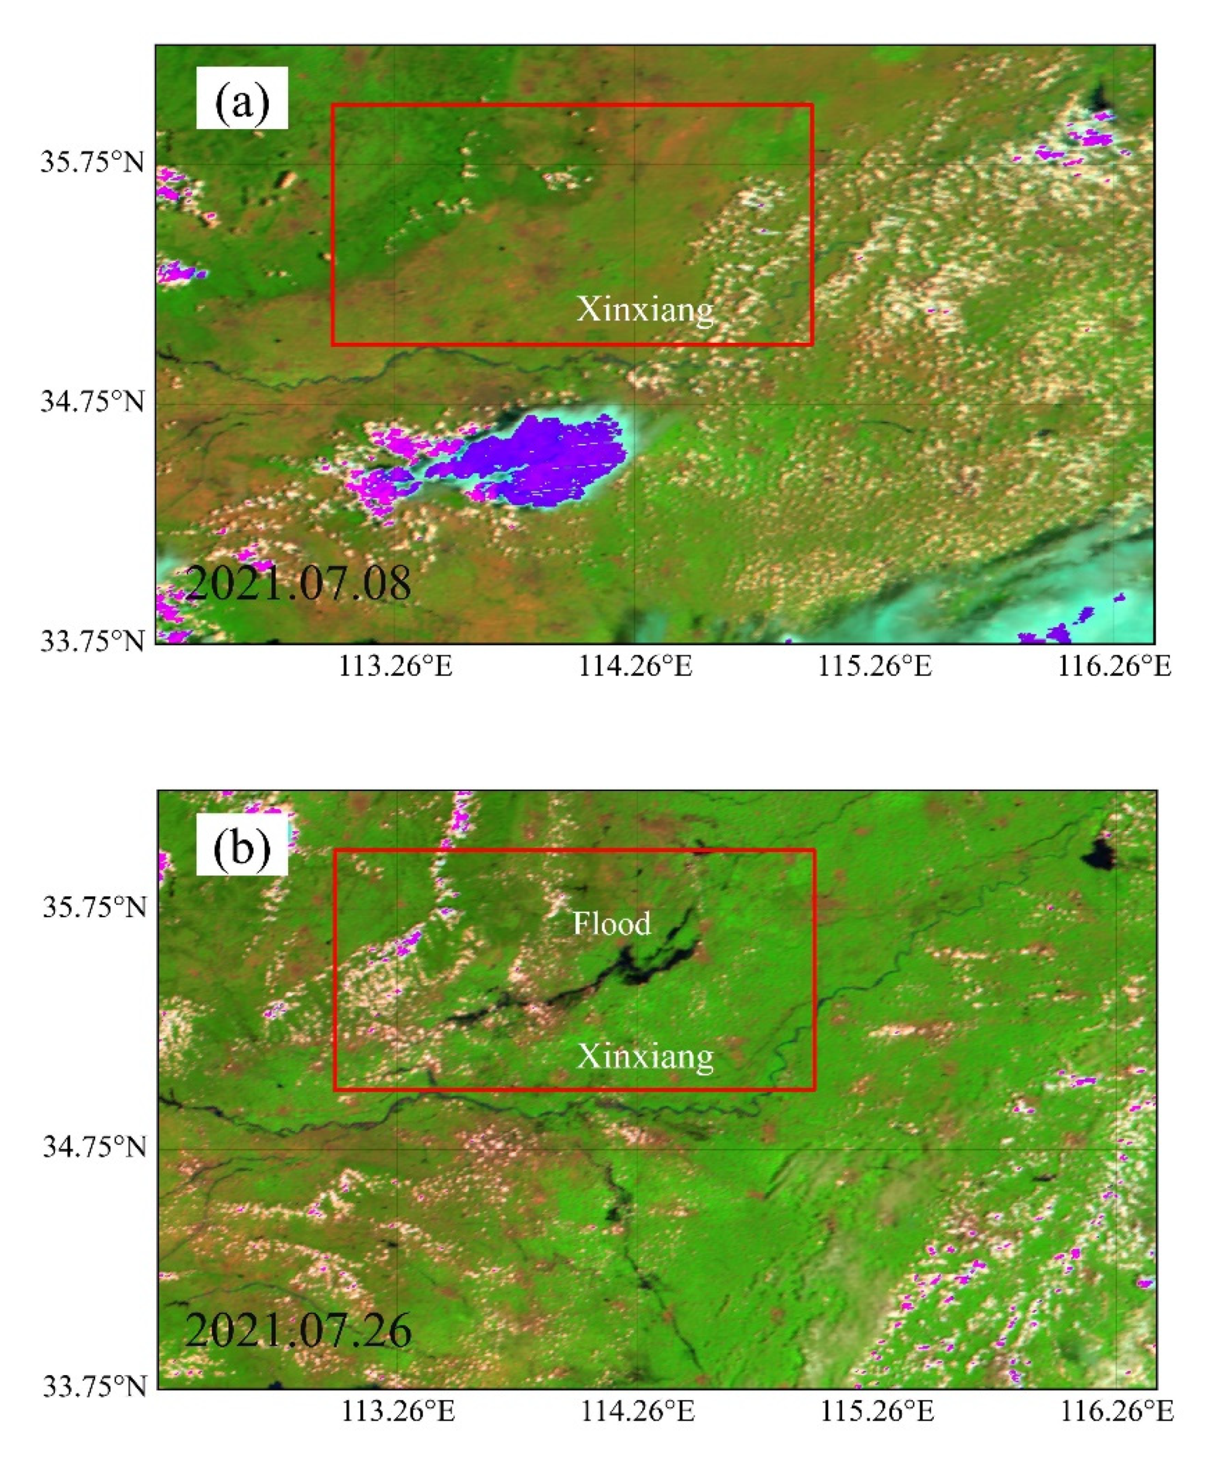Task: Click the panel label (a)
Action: (x=242, y=98)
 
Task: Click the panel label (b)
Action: (x=242, y=843)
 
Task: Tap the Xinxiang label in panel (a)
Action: (x=645, y=309)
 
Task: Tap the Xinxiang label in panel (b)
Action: (x=645, y=1056)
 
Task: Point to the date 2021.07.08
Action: (x=299, y=583)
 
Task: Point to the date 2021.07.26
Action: (x=299, y=1330)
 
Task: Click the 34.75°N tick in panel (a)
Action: (x=92, y=401)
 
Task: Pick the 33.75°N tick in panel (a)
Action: (x=92, y=642)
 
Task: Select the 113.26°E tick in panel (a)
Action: (x=395, y=666)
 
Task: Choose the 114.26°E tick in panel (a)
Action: (x=635, y=666)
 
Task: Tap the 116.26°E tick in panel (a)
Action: (x=1114, y=666)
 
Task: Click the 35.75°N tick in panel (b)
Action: (x=95, y=908)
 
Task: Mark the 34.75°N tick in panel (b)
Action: (x=95, y=1147)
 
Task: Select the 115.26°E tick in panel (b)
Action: (x=878, y=1412)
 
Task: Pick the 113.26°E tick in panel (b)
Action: (x=397, y=1412)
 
